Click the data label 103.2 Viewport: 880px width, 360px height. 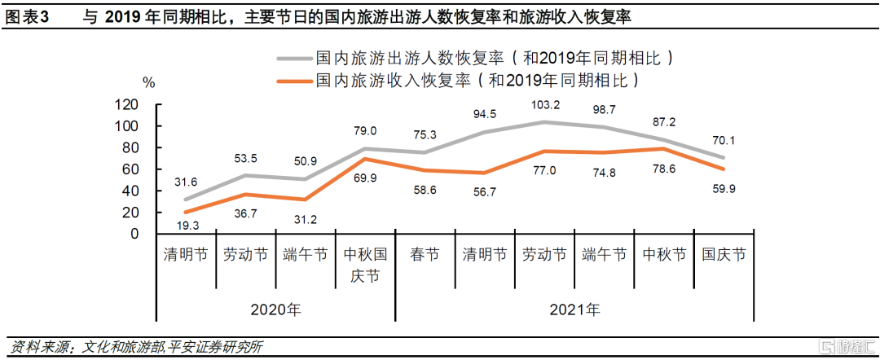click(x=546, y=104)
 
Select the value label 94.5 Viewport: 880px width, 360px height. click(x=486, y=113)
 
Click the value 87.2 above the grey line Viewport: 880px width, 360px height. click(x=664, y=121)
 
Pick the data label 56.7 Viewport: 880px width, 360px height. click(x=486, y=192)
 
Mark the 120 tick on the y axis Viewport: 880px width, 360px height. click(x=126, y=105)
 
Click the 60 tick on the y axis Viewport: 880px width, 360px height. click(x=130, y=169)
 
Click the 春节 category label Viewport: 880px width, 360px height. click(x=425, y=255)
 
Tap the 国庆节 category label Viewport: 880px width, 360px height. click(x=724, y=255)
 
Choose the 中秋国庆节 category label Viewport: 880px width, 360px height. click(x=364, y=265)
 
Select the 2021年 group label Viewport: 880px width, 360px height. click(x=574, y=310)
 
